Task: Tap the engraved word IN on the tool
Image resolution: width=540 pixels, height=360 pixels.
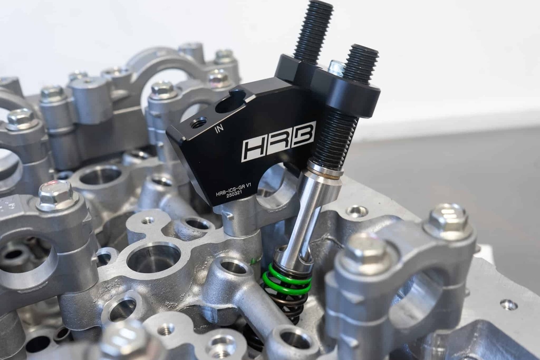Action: [219, 129]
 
